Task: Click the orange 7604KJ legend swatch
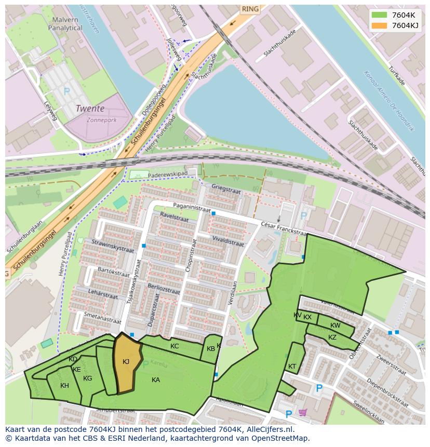pyautogui.click(x=379, y=25)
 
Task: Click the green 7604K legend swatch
pyautogui.click(x=379, y=15)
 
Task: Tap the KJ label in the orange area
pyautogui.click(x=126, y=361)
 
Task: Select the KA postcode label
pyautogui.click(x=156, y=380)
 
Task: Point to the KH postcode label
pyautogui.click(x=64, y=386)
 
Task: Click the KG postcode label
pyautogui.click(x=87, y=378)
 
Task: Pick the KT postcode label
pyautogui.click(x=292, y=367)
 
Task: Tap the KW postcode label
pyautogui.click(x=335, y=326)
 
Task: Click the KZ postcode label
pyautogui.click(x=332, y=337)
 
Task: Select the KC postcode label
pyautogui.click(x=174, y=346)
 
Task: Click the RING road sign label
pyautogui.click(x=250, y=9)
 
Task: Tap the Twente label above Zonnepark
pyautogui.click(x=90, y=109)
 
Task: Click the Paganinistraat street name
pyautogui.click(x=192, y=208)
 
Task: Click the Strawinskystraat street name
pyautogui.click(x=112, y=246)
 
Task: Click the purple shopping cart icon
pyautogui.click(x=303, y=413)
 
